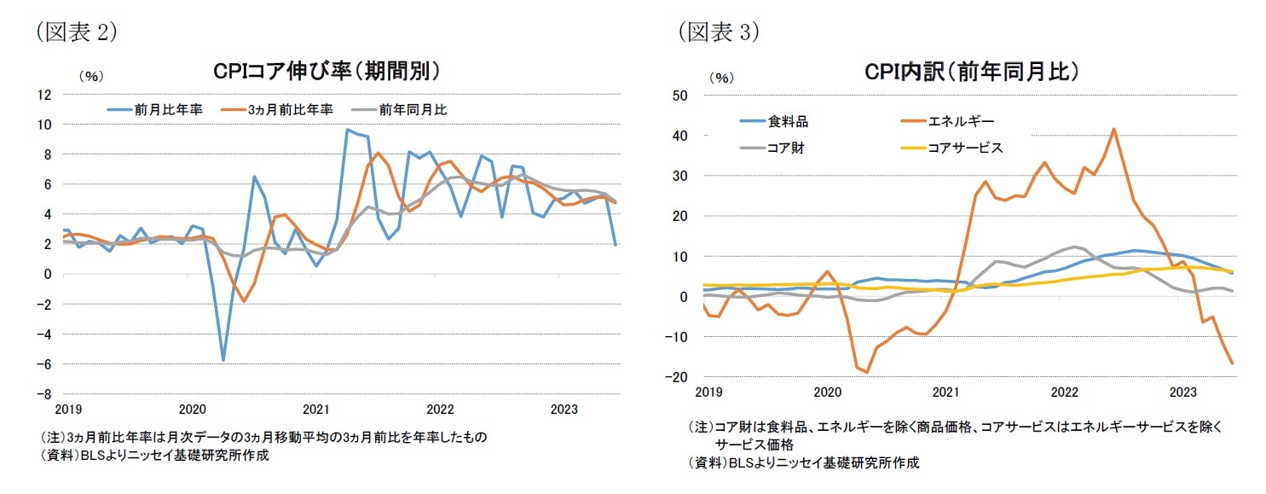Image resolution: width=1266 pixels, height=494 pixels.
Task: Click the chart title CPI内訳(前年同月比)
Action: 972,72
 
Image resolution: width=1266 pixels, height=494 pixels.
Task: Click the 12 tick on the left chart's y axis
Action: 45,94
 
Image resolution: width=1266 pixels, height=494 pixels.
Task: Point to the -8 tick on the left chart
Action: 45,394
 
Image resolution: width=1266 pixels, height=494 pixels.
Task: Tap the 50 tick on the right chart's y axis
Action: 682,95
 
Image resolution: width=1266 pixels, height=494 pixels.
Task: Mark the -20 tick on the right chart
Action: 679,377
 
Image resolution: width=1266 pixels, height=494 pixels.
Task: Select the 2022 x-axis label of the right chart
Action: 1064,392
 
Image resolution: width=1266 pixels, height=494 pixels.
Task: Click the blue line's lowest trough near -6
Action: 223,360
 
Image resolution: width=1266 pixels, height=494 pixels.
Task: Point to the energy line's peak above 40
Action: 1113,130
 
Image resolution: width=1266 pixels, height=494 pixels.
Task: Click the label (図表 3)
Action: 719,32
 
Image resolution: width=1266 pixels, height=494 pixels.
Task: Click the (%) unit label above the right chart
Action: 720,76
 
